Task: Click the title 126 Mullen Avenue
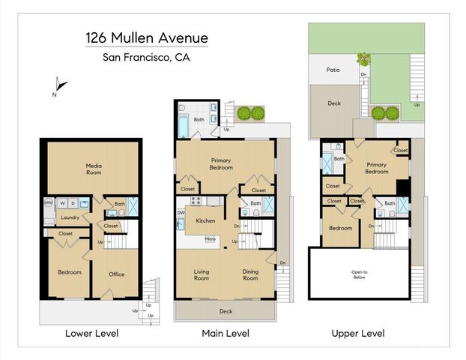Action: coord(146,37)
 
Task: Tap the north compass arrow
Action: coord(61,85)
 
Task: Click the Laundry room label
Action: coord(70,218)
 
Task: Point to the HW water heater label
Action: coord(48,202)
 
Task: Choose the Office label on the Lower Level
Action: coord(116,274)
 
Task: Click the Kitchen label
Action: coord(205,221)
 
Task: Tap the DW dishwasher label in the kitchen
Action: coord(181,213)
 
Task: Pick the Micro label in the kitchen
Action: coord(211,239)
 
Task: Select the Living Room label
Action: coord(201,275)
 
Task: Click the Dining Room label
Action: coord(250,275)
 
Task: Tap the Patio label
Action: coord(333,70)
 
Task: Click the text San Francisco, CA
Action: coord(146,57)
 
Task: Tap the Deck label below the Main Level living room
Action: coord(226,310)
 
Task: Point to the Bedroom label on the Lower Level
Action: coord(69,271)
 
